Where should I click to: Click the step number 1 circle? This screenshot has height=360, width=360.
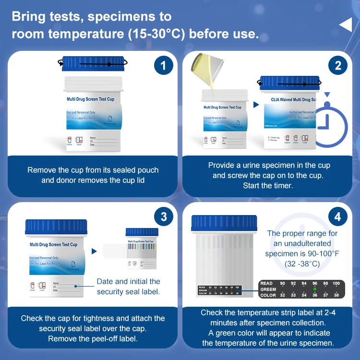pos(163,66)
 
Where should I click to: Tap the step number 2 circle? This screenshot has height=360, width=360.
pos(338,66)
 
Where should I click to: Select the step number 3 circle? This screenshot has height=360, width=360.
pos(163,217)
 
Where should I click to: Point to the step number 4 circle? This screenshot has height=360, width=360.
pos(338,217)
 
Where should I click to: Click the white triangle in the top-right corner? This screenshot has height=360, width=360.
pos(346,24)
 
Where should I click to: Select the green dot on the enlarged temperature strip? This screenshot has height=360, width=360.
pos(315,289)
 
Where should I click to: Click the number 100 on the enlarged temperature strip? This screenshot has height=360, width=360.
pos(336,284)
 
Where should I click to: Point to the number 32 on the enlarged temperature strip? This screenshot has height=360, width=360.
pos(282,295)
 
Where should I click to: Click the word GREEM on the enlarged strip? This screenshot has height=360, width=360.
pos(268,289)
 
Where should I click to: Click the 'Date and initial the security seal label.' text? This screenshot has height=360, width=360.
pos(128,287)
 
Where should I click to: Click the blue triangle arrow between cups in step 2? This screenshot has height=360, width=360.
pos(256,104)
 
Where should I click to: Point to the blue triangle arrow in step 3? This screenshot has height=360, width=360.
pos(94,251)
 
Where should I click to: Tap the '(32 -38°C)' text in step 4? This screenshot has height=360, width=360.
pos(302,264)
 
